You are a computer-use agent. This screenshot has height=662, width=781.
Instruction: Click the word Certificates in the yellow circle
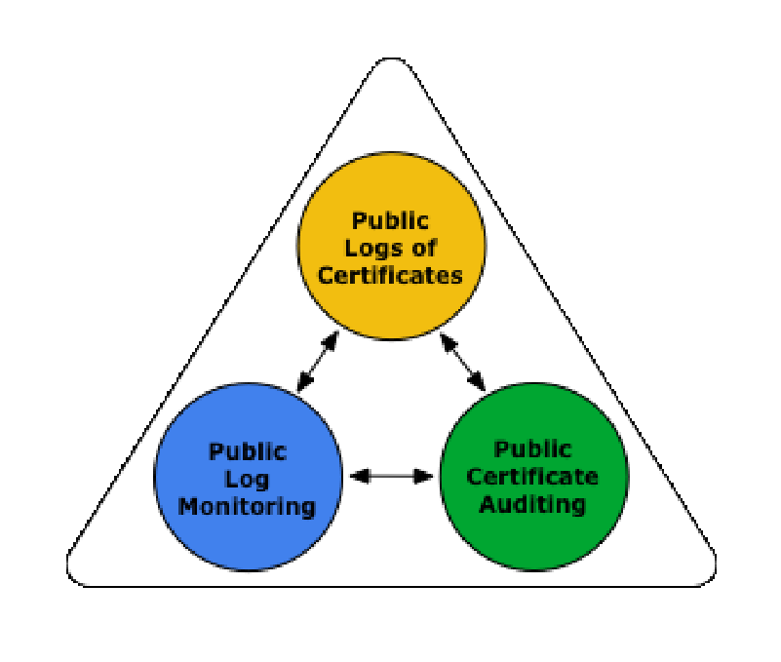pos(390,274)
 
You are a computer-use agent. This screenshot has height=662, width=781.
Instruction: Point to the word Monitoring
pos(248,506)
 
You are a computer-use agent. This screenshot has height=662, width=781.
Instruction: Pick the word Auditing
pos(531,504)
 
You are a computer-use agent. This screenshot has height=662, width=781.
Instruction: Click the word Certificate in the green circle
pos(531,477)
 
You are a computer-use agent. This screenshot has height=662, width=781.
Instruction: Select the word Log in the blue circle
pos(248,479)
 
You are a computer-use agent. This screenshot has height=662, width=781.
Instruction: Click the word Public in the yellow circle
pos(391,221)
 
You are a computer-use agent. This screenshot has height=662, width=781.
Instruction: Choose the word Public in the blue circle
pos(248,451)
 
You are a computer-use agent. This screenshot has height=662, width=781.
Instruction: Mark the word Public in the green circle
pos(532,449)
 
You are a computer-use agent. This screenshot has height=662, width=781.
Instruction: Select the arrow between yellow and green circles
pos(462,361)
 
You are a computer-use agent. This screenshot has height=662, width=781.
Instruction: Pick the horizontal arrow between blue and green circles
pos(391,476)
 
